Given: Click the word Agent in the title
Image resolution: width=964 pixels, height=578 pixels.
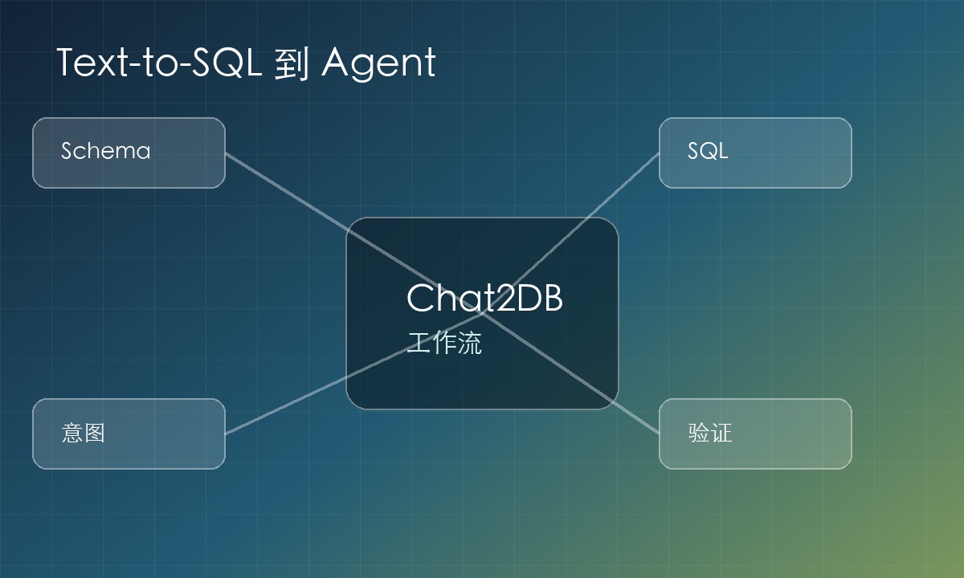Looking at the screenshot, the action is coord(378,63).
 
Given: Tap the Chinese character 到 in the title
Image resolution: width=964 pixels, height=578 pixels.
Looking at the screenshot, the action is coord(292,64).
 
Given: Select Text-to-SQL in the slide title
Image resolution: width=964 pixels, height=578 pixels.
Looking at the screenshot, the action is coord(159,63).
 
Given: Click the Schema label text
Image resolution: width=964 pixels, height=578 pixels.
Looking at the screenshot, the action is coord(106,151).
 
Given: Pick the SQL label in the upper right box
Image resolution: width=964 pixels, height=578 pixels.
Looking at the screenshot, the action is coord(708,151).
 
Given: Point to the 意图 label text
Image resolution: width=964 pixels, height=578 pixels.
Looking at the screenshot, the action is coord(83,433).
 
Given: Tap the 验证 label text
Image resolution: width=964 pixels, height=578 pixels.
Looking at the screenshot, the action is coord(710,433).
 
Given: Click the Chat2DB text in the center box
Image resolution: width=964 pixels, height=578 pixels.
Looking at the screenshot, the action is coord(484,298).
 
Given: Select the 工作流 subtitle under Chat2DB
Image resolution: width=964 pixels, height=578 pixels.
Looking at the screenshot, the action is coord(444,343).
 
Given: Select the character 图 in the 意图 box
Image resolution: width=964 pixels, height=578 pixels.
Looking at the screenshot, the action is coord(95,433).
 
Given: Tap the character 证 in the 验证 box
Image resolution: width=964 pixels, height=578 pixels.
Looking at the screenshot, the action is coord(721,433).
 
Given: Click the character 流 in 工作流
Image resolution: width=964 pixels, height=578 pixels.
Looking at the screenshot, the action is coord(469,343).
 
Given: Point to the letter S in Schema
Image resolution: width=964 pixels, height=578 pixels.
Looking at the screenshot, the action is coord(67,151).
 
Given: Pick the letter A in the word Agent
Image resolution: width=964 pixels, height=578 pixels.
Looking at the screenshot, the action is coord(337,63).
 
